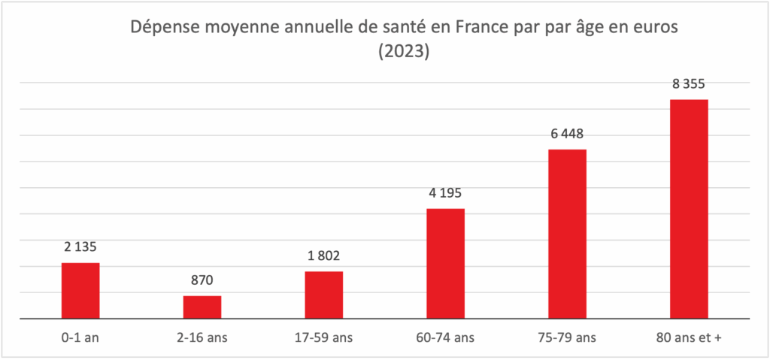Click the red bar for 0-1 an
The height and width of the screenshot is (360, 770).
(80, 291)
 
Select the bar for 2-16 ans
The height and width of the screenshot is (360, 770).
(202, 307)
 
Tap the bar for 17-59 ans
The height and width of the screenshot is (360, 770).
(324, 295)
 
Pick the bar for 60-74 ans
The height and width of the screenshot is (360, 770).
(445, 263)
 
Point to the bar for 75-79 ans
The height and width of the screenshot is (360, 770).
(567, 234)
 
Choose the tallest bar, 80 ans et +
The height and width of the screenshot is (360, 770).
(689, 209)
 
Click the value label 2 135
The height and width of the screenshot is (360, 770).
(80, 247)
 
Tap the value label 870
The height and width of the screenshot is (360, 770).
(202, 280)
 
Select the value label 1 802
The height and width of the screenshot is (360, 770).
(324, 256)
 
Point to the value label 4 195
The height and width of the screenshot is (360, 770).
(445, 192)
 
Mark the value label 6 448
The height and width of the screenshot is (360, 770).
(567, 135)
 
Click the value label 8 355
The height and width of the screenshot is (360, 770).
(689, 83)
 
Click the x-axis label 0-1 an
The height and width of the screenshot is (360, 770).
(80, 337)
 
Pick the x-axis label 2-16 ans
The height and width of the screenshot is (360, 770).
(202, 337)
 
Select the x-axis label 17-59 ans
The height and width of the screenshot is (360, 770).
(324, 337)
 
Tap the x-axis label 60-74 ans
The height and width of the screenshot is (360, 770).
(445, 337)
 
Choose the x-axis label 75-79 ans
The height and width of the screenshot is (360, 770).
(567, 337)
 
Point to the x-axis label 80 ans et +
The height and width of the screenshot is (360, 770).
(689, 337)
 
